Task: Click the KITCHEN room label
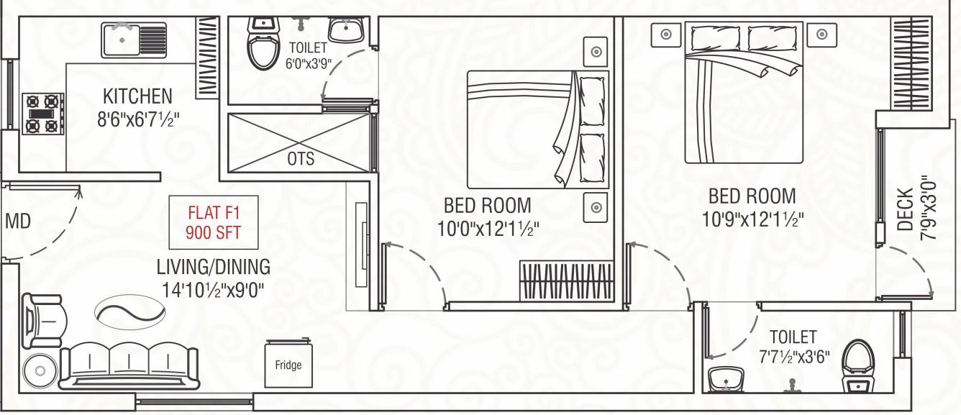point(137,96)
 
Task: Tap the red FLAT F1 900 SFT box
point(213,222)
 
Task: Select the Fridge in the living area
point(288,365)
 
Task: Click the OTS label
point(301,158)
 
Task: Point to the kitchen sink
point(135,40)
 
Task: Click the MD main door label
point(18,222)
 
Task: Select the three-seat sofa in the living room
point(128,365)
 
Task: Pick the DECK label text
point(906,209)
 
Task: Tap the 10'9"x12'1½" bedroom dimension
point(752,218)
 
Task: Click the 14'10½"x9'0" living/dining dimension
point(214,291)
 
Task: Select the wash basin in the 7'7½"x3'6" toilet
point(727,380)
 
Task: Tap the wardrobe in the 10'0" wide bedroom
point(566,281)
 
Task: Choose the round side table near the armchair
point(39,372)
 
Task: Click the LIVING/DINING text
point(214,267)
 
